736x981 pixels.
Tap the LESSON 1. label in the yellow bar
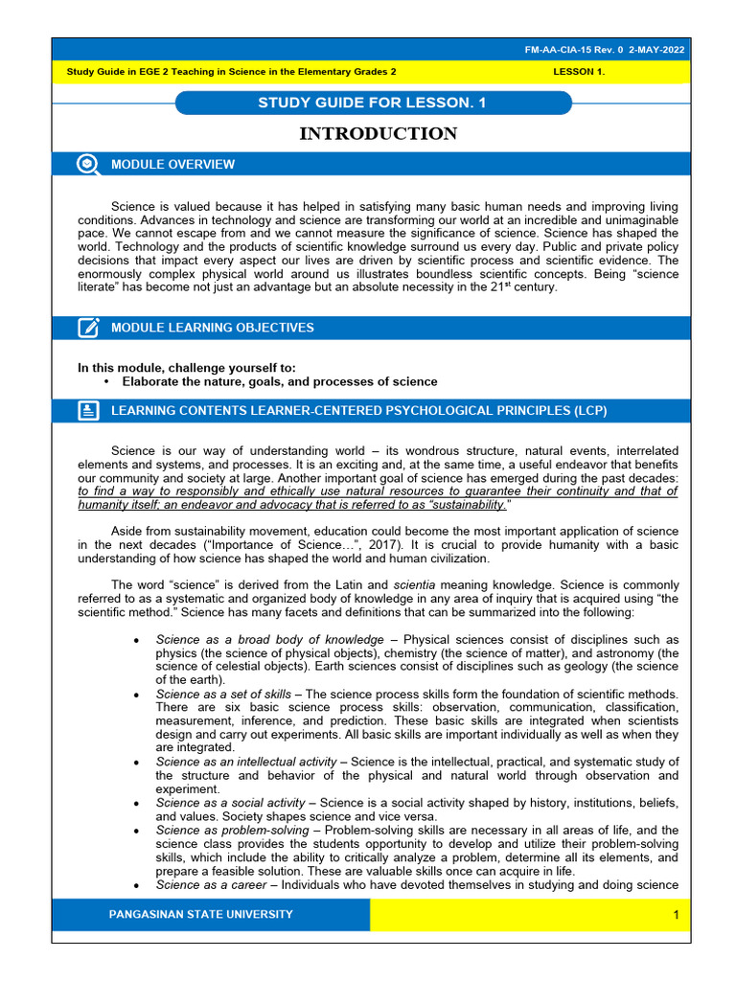pos(579,72)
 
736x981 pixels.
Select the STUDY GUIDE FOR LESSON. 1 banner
pos(372,103)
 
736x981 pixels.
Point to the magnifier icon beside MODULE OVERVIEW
pos(88,164)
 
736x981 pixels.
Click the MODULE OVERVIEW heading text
pos(172,165)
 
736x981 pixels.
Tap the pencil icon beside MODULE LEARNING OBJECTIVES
pos(88,328)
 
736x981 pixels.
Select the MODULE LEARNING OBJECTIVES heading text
pos(212,328)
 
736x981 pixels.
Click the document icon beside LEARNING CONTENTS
pos(88,411)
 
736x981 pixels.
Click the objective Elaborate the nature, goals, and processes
pos(280,381)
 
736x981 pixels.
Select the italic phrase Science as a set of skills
pos(223,694)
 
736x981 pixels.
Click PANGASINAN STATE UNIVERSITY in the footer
pos(201,915)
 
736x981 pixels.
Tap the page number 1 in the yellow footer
pos(676,916)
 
